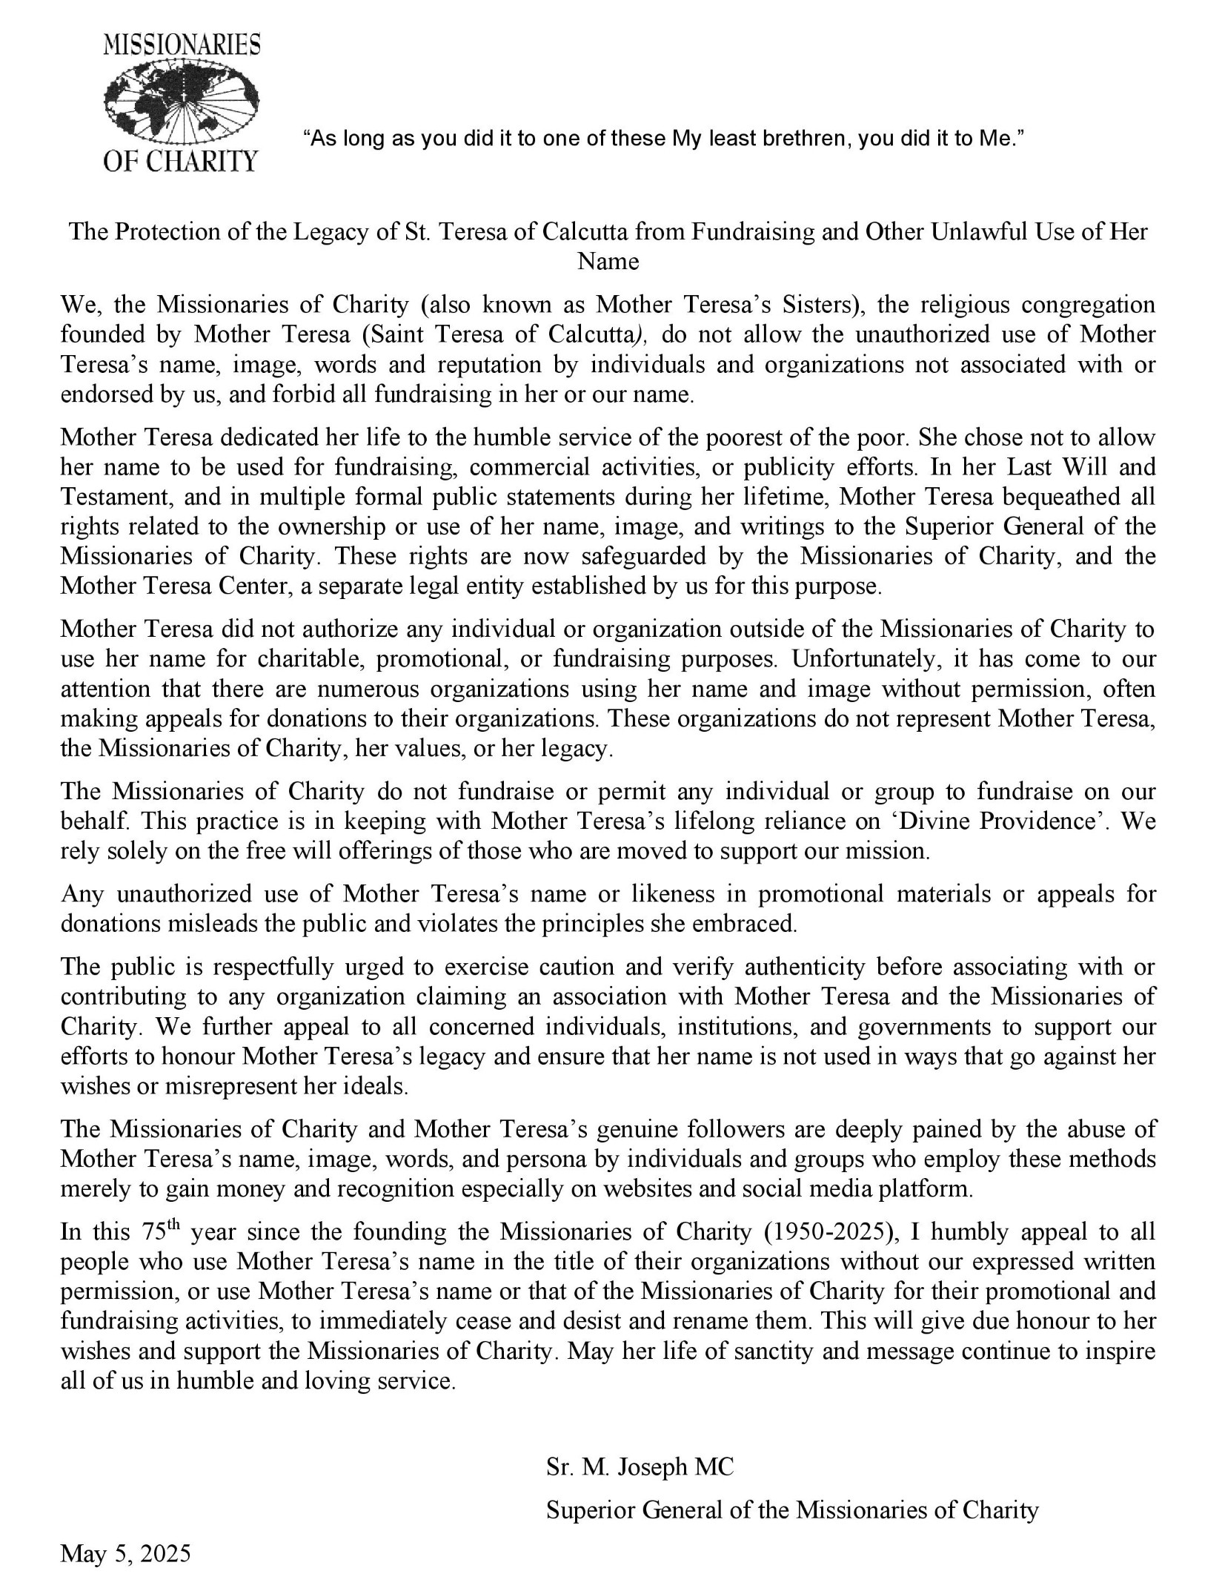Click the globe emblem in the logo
click(x=182, y=102)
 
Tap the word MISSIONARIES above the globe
click(x=182, y=46)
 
